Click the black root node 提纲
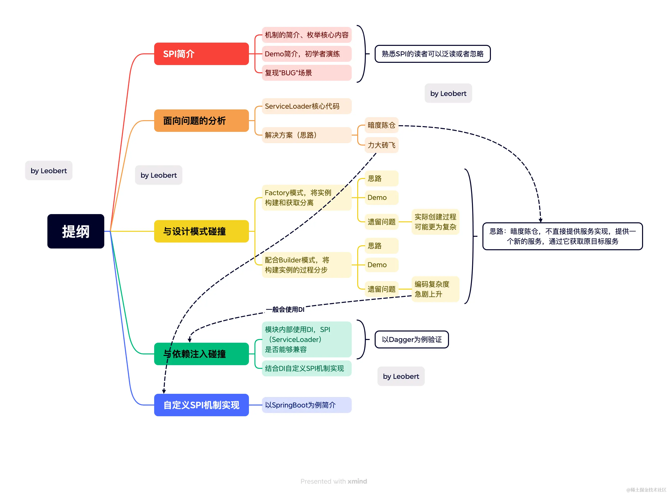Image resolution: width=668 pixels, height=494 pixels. [76, 231]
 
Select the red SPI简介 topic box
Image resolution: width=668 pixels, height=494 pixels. [201, 54]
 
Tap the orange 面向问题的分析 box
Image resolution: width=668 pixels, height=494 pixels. [201, 121]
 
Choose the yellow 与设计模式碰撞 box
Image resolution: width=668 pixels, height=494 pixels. [201, 231]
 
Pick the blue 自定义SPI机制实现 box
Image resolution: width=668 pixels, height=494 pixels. [201, 405]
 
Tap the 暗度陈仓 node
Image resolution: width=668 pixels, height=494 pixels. [381, 125]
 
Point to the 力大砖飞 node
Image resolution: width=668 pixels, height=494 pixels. [381, 145]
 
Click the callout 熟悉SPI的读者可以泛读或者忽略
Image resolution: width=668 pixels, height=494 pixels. [433, 54]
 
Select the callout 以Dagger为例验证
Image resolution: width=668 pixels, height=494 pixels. [412, 339]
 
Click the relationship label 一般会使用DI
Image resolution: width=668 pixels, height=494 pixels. [285, 310]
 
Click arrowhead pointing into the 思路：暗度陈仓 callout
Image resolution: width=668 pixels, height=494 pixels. [541, 220]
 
